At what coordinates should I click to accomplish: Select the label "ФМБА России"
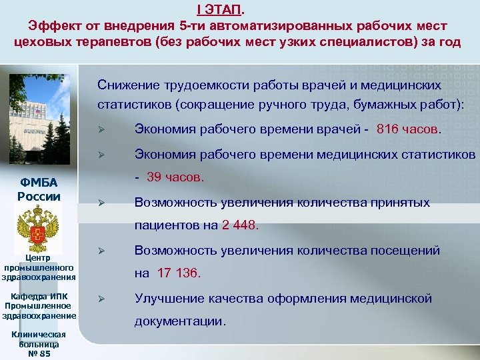click(39, 190)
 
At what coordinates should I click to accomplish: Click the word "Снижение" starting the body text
click(126, 86)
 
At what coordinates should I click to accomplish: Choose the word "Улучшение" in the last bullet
click(167, 298)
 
